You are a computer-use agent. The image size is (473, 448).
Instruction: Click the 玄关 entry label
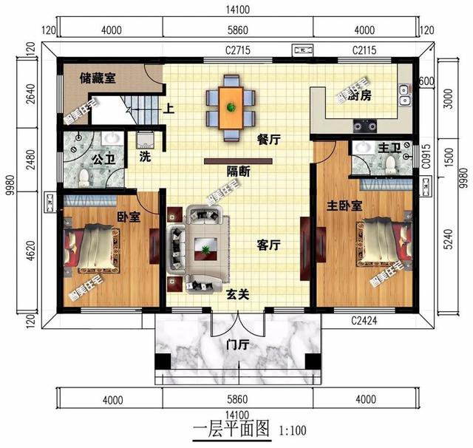[x=237, y=294]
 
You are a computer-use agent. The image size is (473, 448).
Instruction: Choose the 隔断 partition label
[x=237, y=172]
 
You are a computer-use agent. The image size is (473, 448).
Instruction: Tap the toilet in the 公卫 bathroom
[x=84, y=176]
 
